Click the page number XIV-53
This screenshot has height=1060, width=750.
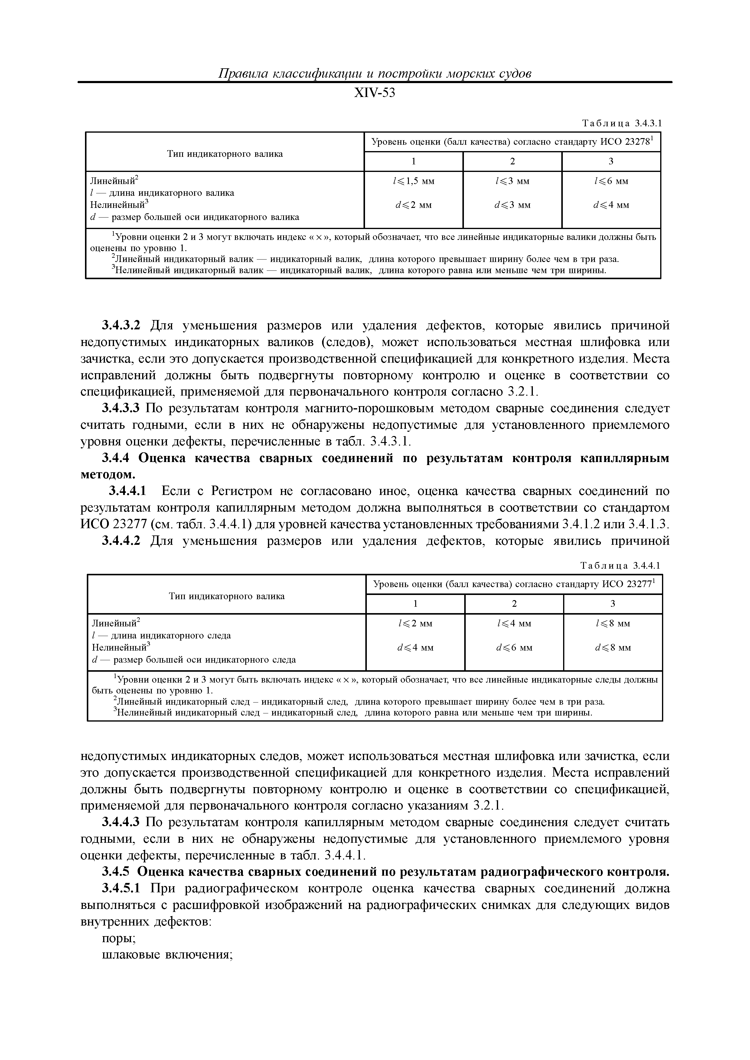click(374, 94)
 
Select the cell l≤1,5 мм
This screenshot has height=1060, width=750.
click(414, 181)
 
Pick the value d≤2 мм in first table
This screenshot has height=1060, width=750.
click(414, 205)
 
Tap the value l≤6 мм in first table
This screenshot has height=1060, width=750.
click(611, 181)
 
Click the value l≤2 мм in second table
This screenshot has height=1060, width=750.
click(415, 624)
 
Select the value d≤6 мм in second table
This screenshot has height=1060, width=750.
click(514, 648)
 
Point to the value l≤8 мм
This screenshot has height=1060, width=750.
click(613, 624)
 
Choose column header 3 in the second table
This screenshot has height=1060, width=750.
click(613, 604)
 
